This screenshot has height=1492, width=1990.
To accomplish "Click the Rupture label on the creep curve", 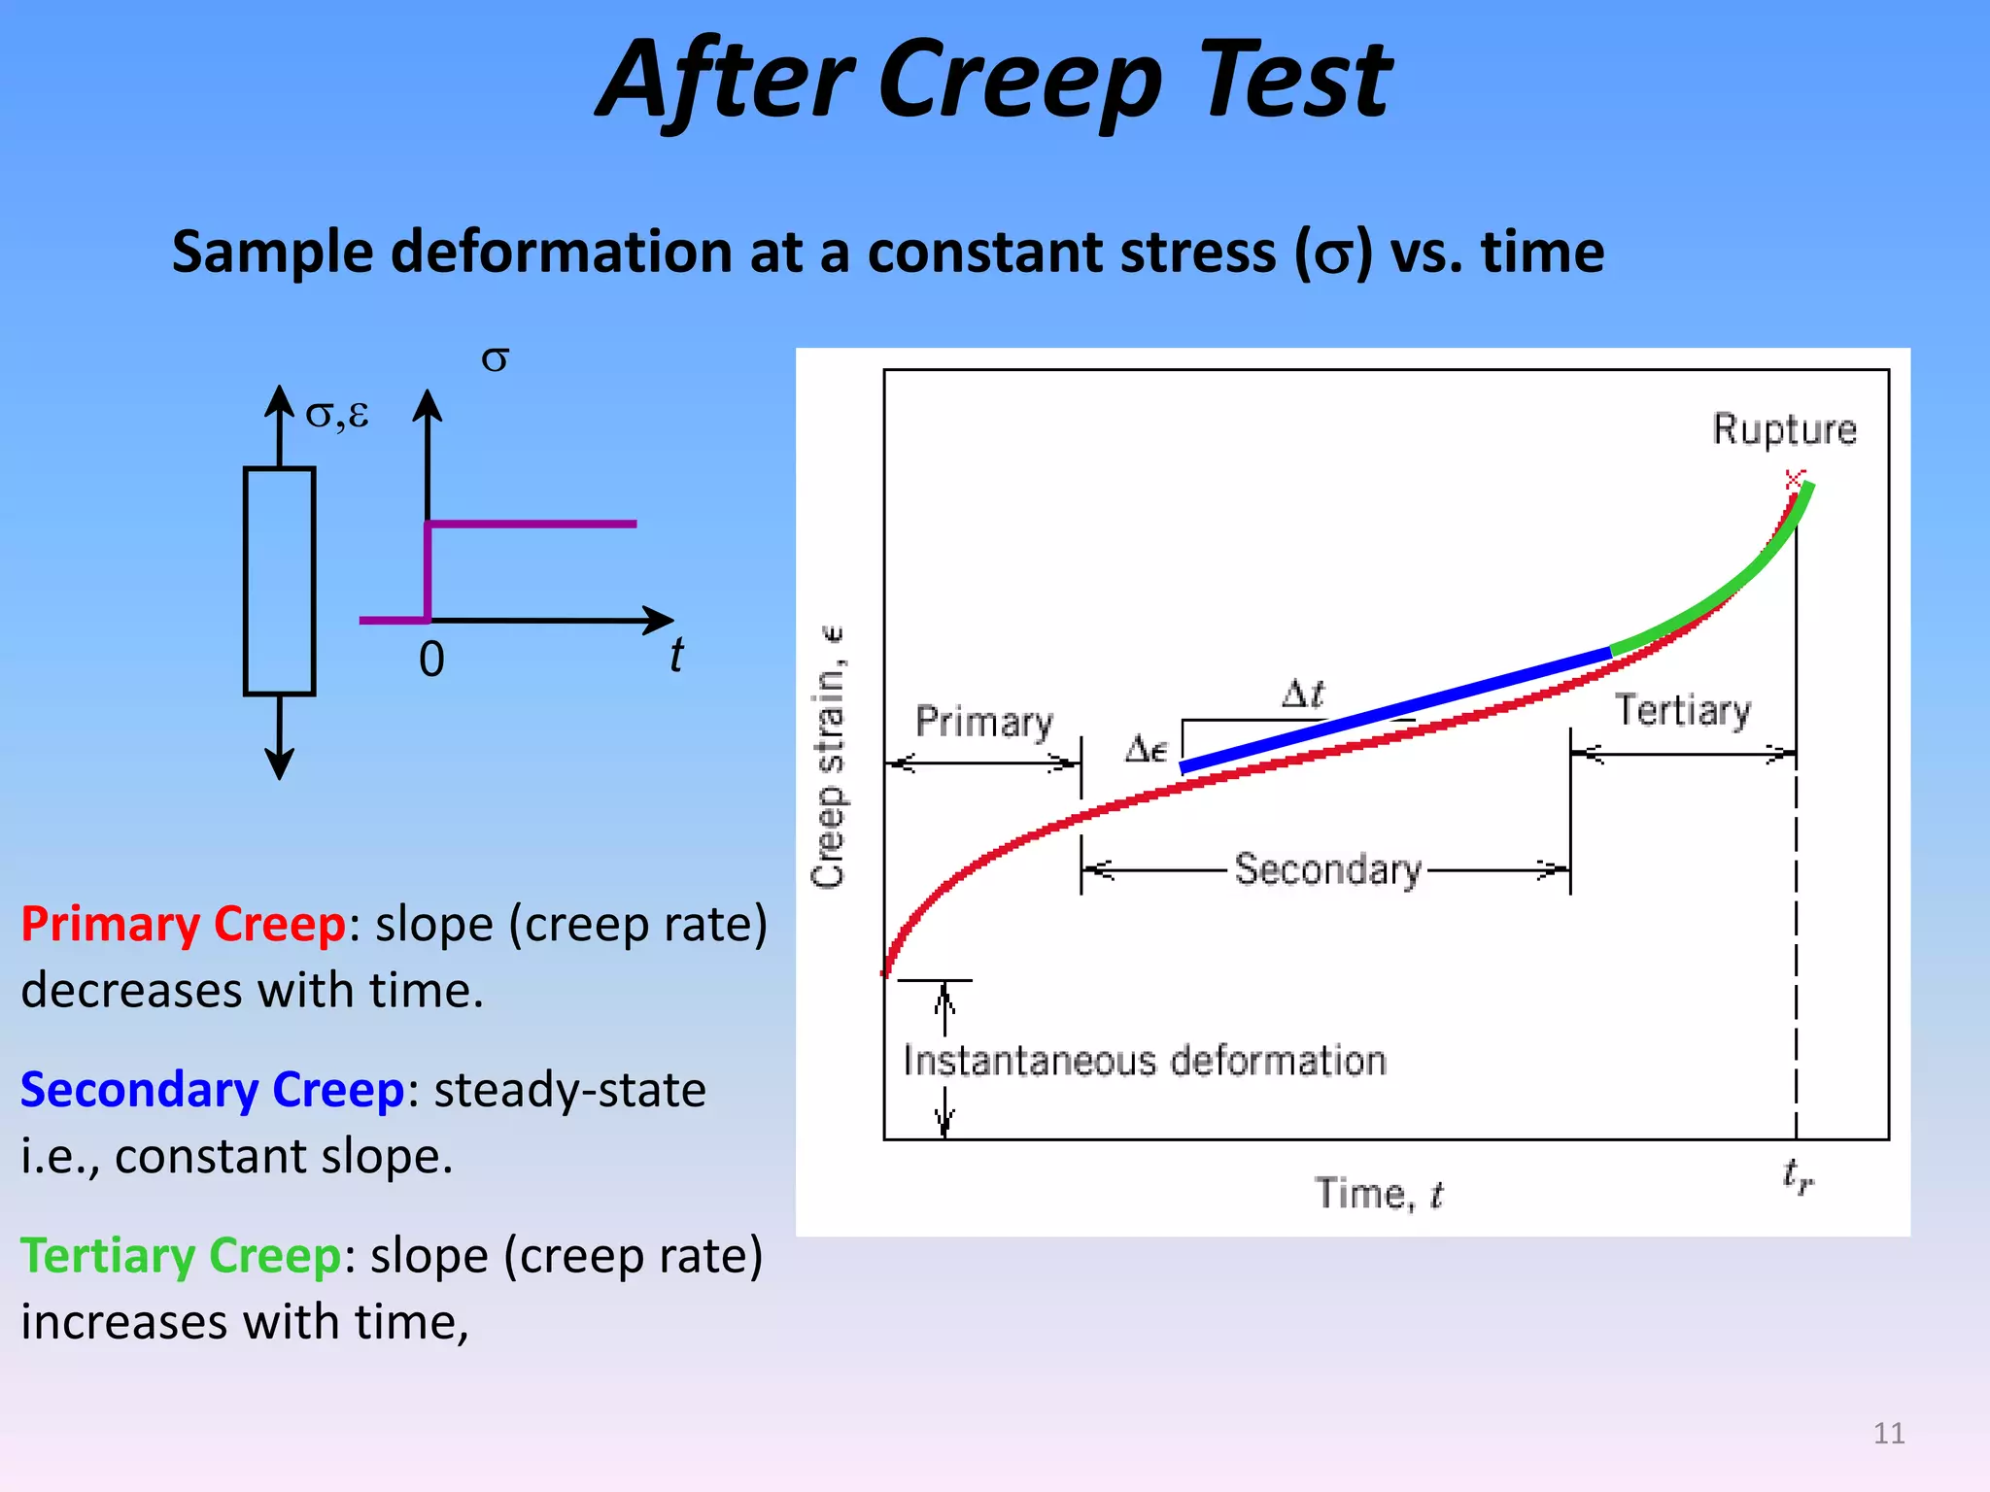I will (x=1784, y=429).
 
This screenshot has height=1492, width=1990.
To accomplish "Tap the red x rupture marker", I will (x=1794, y=478).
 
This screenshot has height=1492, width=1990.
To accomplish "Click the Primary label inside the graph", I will (x=983, y=723).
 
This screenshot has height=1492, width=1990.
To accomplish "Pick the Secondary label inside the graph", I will (x=1327, y=869).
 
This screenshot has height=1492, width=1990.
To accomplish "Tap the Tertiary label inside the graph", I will (x=1683, y=710).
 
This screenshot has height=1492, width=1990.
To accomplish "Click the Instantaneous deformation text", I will (x=1145, y=1061).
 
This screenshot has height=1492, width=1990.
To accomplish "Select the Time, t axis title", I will (x=1379, y=1194).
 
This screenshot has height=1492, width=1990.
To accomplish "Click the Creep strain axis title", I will (x=829, y=758).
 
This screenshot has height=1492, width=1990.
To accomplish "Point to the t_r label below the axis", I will (x=1798, y=1176).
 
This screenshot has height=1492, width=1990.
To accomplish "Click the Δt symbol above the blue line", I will (x=1302, y=694).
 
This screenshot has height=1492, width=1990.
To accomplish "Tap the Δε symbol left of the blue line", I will (x=1146, y=749).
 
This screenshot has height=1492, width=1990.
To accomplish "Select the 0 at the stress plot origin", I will (x=431, y=660).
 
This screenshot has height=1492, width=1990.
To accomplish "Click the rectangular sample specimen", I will (x=279, y=581).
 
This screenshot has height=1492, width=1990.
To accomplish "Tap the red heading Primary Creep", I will (x=183, y=924).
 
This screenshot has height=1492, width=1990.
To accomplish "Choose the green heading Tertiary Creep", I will (x=181, y=1256).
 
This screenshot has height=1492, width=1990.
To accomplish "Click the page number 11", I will (x=1888, y=1433).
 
